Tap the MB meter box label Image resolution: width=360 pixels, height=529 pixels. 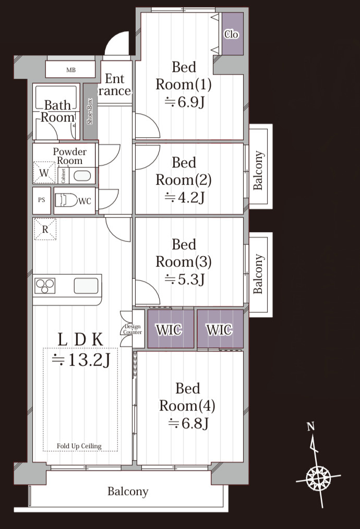point(71,70)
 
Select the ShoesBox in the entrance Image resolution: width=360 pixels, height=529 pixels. point(90,111)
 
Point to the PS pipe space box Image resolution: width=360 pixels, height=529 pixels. point(42,200)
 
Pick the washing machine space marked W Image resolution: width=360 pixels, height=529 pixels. point(44,173)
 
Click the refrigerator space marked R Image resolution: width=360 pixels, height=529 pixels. point(45,229)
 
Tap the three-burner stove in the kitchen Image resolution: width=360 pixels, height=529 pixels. point(45,286)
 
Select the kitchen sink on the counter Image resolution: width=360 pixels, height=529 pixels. point(87,286)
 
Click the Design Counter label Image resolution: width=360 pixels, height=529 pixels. point(133,329)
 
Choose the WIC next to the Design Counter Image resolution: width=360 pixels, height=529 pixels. point(171,329)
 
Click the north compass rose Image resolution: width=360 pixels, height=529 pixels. point(318,478)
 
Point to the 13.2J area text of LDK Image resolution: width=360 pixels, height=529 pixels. point(81,360)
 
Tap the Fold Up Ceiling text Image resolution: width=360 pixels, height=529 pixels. point(79,446)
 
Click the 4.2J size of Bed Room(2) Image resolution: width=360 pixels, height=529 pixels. point(185,197)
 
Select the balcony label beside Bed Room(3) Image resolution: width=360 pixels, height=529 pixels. point(258,273)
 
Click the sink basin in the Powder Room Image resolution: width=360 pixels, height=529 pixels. point(82,176)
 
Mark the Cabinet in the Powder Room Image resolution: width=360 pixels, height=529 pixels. point(64,175)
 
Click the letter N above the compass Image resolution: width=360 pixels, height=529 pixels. point(311,426)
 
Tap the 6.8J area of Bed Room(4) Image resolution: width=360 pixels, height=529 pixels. point(188,423)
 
